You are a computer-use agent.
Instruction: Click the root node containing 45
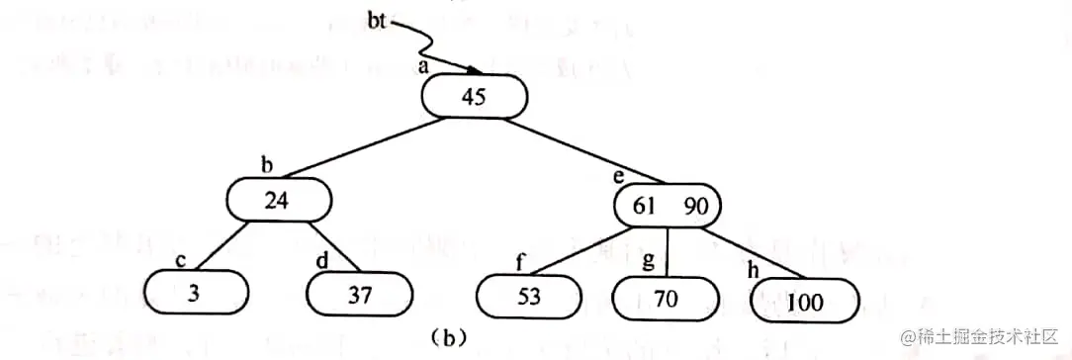coord(475,97)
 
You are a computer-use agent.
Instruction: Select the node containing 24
coord(279,199)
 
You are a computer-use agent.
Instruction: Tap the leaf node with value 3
coord(194,295)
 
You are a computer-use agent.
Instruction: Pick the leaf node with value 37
coord(358,295)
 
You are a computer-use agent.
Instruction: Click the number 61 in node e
coord(644,206)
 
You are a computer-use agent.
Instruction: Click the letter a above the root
coord(423,66)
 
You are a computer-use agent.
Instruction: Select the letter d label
coord(320,260)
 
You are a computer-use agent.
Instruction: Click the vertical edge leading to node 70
coord(669,250)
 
